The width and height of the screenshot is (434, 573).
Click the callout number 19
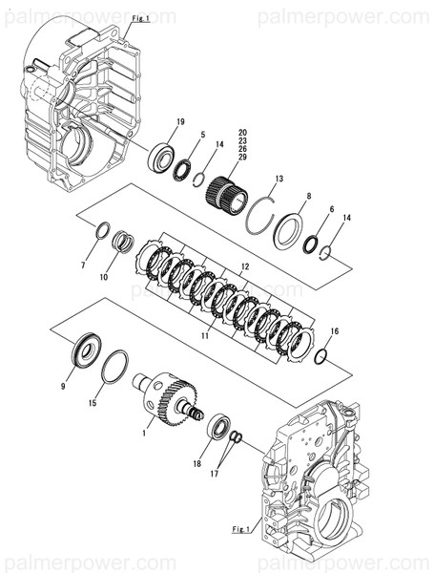(x=179, y=121)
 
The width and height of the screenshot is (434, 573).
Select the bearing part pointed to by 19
(x=161, y=157)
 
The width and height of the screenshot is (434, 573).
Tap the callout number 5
(x=203, y=136)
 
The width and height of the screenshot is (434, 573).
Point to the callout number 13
(x=279, y=180)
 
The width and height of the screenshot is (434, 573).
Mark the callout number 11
(x=203, y=337)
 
